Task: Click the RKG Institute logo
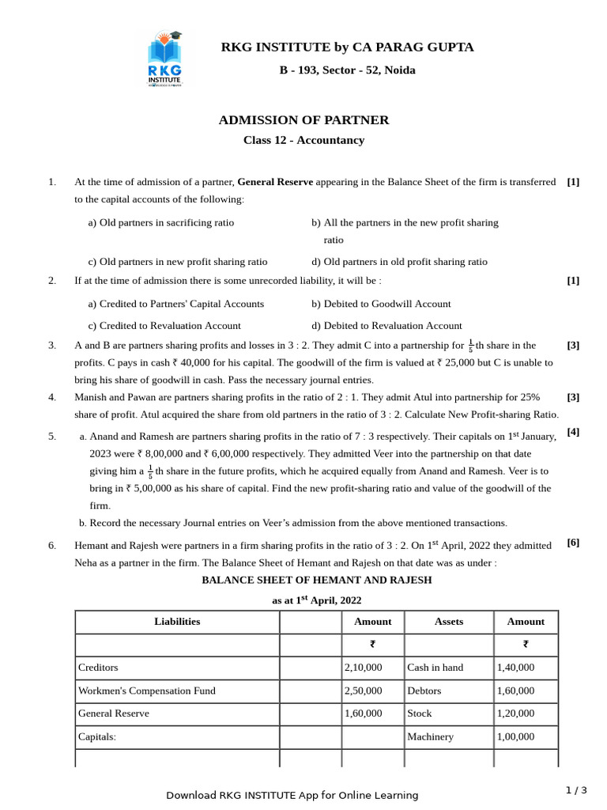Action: click(164, 59)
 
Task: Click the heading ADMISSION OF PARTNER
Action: click(303, 120)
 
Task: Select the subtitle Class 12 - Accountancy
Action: click(303, 140)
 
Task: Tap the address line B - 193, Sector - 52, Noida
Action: click(347, 70)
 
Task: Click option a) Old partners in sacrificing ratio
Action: click(160, 222)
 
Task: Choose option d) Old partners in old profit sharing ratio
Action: click(399, 261)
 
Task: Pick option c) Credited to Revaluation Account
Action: click(164, 325)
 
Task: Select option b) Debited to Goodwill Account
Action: click(381, 303)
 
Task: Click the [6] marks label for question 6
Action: click(573, 542)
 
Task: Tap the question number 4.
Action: click(52, 396)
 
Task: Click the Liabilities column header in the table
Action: click(177, 621)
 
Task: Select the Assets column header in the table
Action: click(449, 621)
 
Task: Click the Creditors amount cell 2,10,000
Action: click(363, 667)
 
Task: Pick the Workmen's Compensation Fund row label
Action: click(146, 690)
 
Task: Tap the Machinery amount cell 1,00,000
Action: click(515, 736)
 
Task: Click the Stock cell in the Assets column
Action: click(420, 713)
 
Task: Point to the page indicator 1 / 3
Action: click(576, 789)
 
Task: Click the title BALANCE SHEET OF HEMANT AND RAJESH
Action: click(316, 580)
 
